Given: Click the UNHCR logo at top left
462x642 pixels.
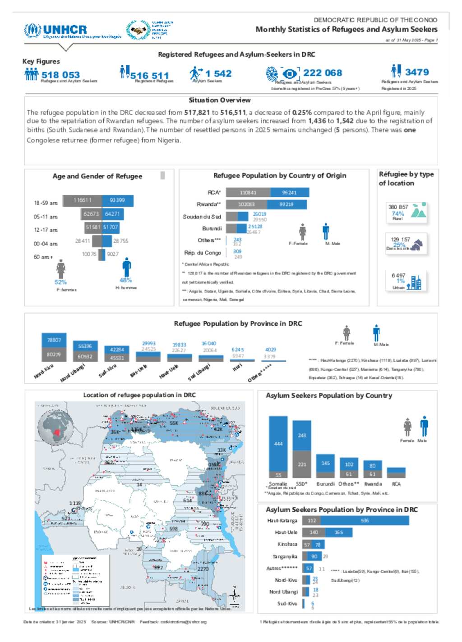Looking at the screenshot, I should (55, 31).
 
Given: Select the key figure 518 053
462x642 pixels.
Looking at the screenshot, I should (60, 75).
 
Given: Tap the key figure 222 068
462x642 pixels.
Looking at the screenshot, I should (323, 73).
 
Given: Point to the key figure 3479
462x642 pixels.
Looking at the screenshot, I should (417, 72).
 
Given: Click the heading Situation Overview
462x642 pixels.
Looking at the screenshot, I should (220, 100).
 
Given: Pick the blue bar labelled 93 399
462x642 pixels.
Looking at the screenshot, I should (118, 200).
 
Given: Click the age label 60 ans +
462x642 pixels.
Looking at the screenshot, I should (43, 257).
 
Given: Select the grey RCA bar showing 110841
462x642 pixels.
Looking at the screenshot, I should (248, 192).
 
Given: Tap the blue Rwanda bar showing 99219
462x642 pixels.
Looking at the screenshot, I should (288, 205).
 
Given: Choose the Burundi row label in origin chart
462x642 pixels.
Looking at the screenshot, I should (212, 228).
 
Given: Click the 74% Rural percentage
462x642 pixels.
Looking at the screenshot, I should (397, 214).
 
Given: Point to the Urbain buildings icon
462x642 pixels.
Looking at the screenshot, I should (415, 282).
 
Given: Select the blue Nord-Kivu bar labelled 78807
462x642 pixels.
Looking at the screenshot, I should (54, 340).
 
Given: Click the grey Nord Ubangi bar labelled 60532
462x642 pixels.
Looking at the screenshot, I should (85, 356).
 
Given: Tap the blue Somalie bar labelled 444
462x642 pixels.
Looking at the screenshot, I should (278, 443).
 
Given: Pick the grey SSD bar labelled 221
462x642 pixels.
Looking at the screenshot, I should (302, 464).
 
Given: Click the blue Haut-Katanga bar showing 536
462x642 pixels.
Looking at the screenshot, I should (365, 521).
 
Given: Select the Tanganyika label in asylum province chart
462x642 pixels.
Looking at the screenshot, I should (285, 557).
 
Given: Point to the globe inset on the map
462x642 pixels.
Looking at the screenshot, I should (56, 426).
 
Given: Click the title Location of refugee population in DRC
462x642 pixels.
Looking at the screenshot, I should (139, 395).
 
